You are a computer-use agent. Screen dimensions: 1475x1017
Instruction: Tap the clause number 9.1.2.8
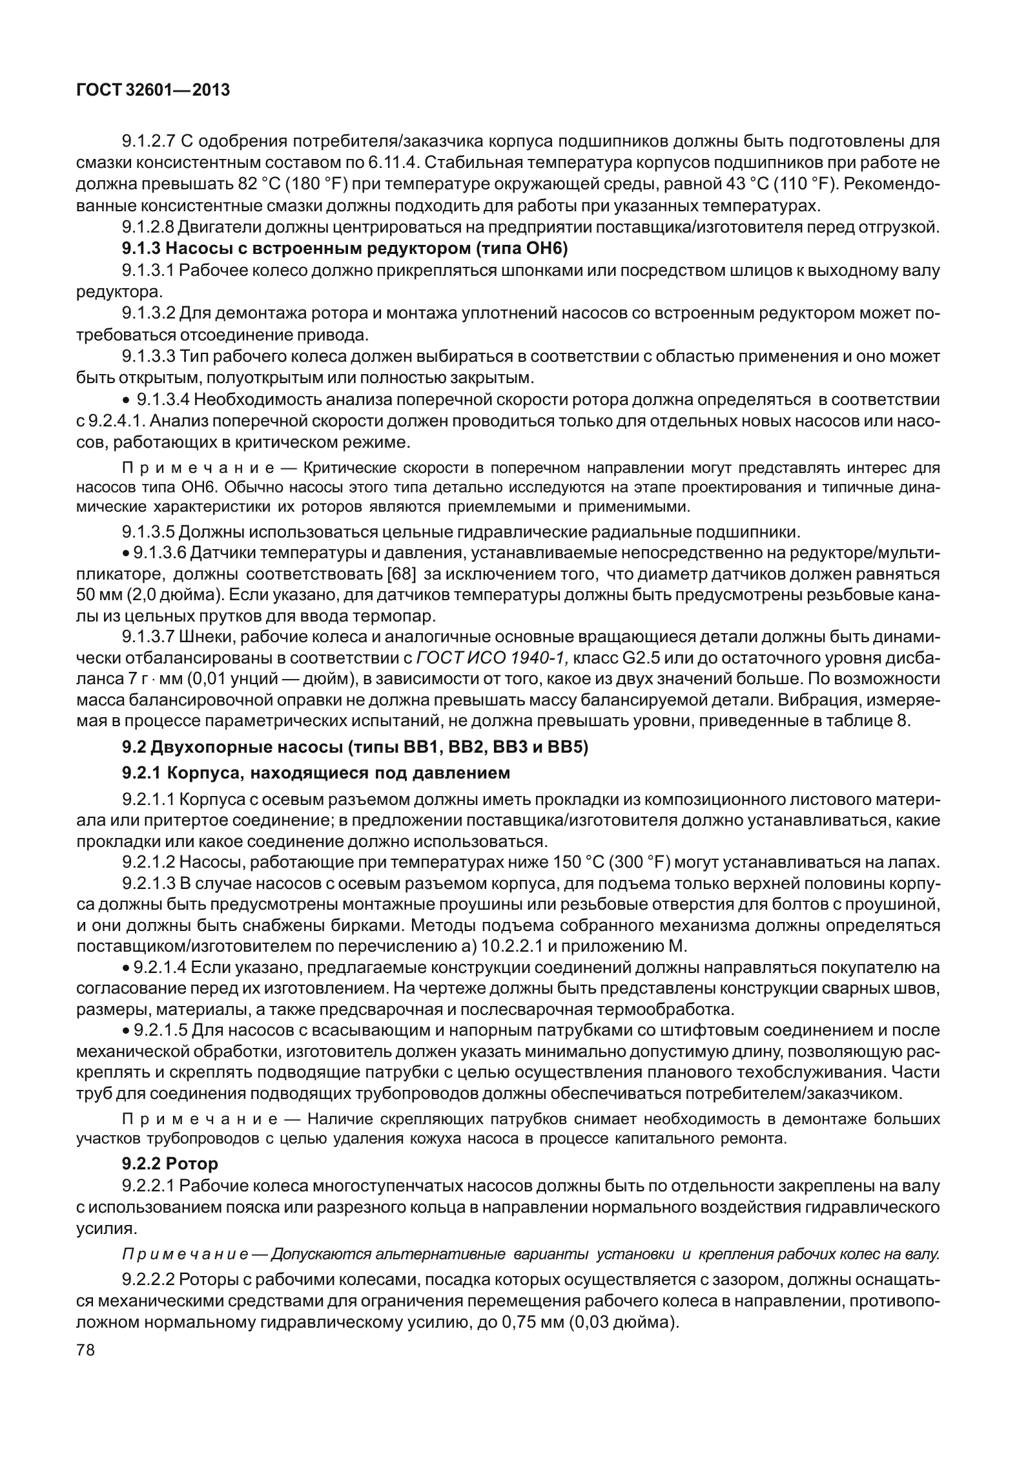pyautogui.click(x=149, y=227)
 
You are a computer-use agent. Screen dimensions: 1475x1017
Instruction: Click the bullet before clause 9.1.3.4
pyautogui.click(x=128, y=400)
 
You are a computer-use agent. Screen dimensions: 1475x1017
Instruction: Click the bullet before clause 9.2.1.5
pyautogui.click(x=126, y=1030)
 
